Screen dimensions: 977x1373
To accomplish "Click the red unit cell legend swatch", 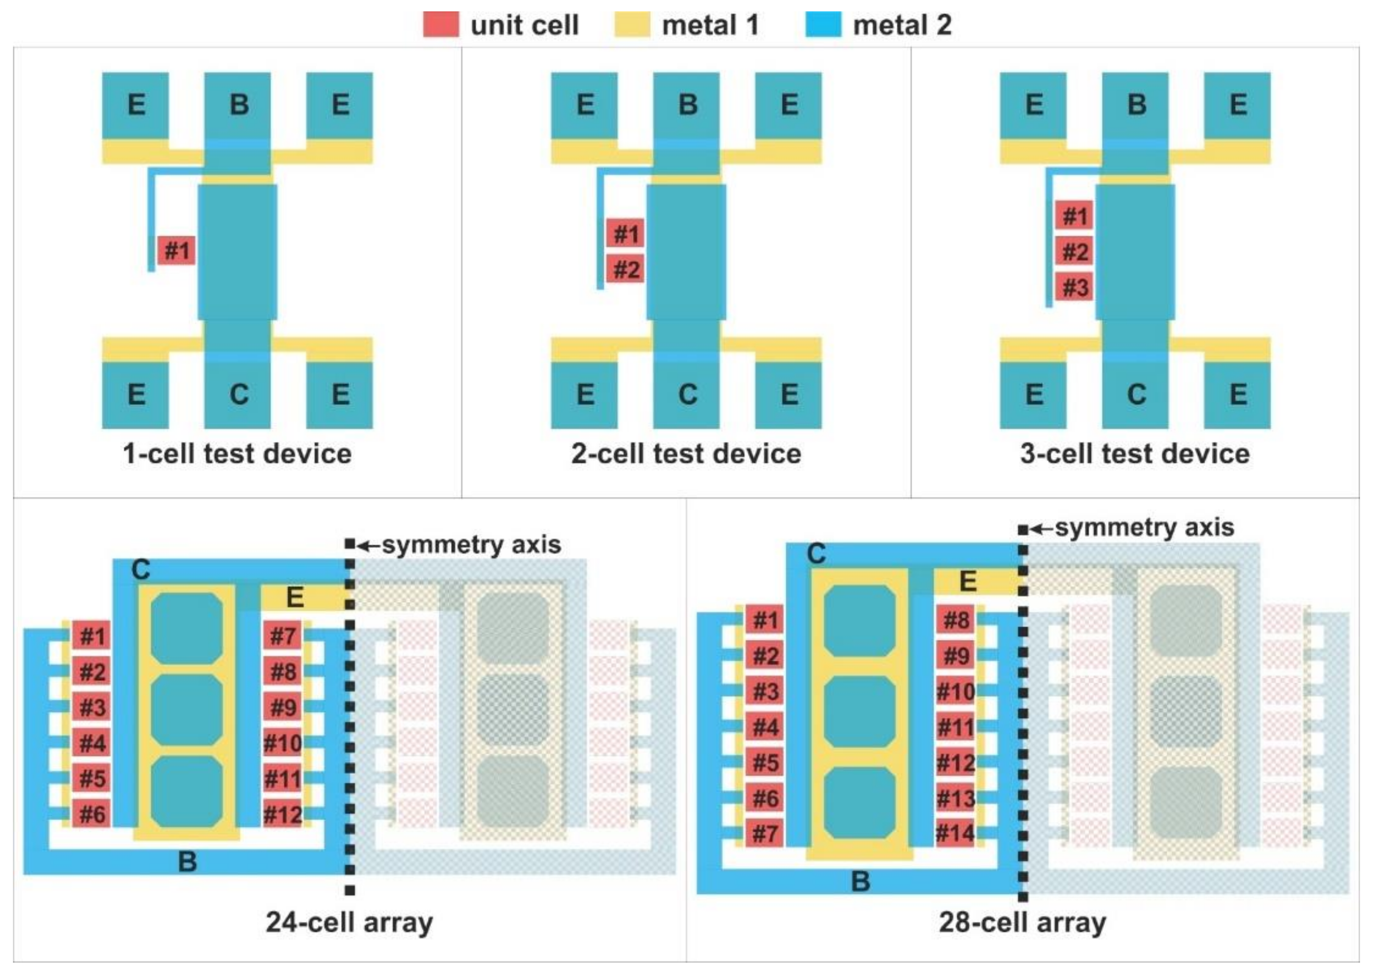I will [x=440, y=25].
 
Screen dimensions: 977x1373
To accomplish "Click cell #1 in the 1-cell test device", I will [x=177, y=250].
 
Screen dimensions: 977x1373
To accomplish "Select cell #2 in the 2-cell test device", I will [x=625, y=269].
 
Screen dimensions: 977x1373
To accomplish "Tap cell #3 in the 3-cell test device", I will [x=1074, y=287].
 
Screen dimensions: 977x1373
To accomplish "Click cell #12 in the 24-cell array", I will [x=282, y=815].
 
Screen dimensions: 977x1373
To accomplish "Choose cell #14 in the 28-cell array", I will [x=955, y=833].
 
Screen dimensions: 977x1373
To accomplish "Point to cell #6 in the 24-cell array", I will [x=92, y=814].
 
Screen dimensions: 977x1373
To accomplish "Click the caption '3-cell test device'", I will [x=1135, y=454].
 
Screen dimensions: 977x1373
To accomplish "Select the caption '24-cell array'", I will [x=349, y=922].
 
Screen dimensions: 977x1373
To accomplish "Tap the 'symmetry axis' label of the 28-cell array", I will [x=1143, y=528].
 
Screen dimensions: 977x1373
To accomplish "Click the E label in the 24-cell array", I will [x=294, y=597].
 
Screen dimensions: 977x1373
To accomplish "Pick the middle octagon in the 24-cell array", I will [x=187, y=710].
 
